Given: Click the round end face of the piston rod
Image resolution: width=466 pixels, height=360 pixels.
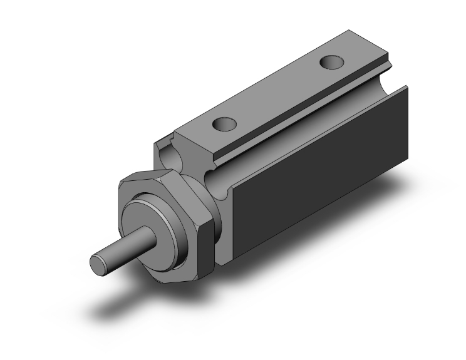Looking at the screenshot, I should click(x=99, y=262).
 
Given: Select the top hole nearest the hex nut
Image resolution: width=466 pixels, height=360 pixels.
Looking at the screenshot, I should click(x=220, y=125).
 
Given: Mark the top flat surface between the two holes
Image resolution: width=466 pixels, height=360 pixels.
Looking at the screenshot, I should click(x=276, y=94).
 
